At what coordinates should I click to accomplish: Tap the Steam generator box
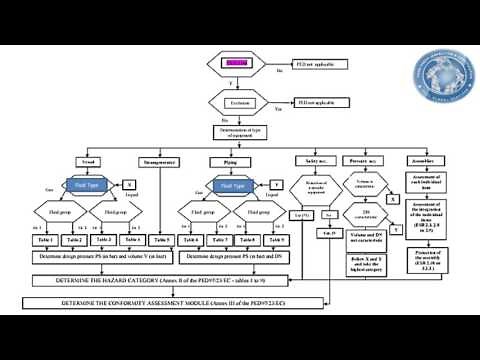point(160,161)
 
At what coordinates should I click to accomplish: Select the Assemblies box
point(421,161)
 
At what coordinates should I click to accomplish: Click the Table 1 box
point(45,240)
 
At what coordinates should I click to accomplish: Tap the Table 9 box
point(277,240)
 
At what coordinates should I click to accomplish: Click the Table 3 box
point(103,240)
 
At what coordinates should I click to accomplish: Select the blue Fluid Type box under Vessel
point(87,185)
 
